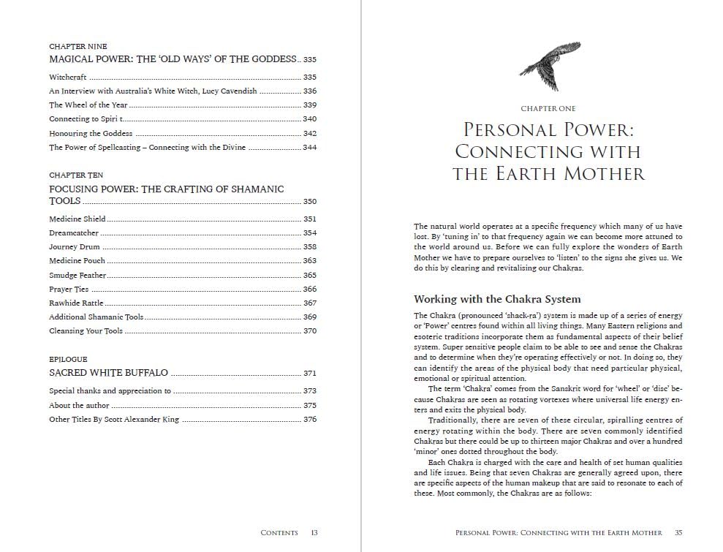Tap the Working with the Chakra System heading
497,299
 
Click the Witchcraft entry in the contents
68,77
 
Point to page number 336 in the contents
309,91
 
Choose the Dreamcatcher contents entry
74,232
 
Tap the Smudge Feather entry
77,275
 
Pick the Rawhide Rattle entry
76,303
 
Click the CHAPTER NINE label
77,47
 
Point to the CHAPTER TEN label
76,175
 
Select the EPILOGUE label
68,360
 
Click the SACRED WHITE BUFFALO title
108,373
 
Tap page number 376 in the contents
309,420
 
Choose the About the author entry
79,405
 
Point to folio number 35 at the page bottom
678,533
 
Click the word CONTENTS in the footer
279,533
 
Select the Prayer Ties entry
69,289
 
